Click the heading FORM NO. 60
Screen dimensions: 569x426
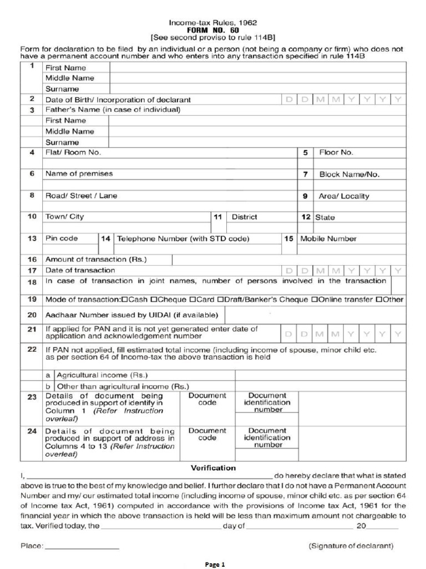[x=213, y=31]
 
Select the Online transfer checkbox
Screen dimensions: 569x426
[x=315, y=300]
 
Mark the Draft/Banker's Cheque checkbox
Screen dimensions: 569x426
[x=220, y=300]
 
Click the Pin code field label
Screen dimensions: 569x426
[x=61, y=238]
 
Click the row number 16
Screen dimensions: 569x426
[x=32, y=259]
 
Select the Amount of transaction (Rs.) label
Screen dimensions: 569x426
[x=95, y=259]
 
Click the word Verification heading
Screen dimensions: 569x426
[x=214, y=467]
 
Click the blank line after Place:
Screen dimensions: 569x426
[x=82, y=547]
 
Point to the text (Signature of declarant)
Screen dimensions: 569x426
[x=351, y=546]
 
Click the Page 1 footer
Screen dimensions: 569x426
[x=215, y=564]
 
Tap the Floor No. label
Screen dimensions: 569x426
[x=336, y=152]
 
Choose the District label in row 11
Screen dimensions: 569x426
[x=244, y=217]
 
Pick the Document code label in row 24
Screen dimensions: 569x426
[x=207, y=434]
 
